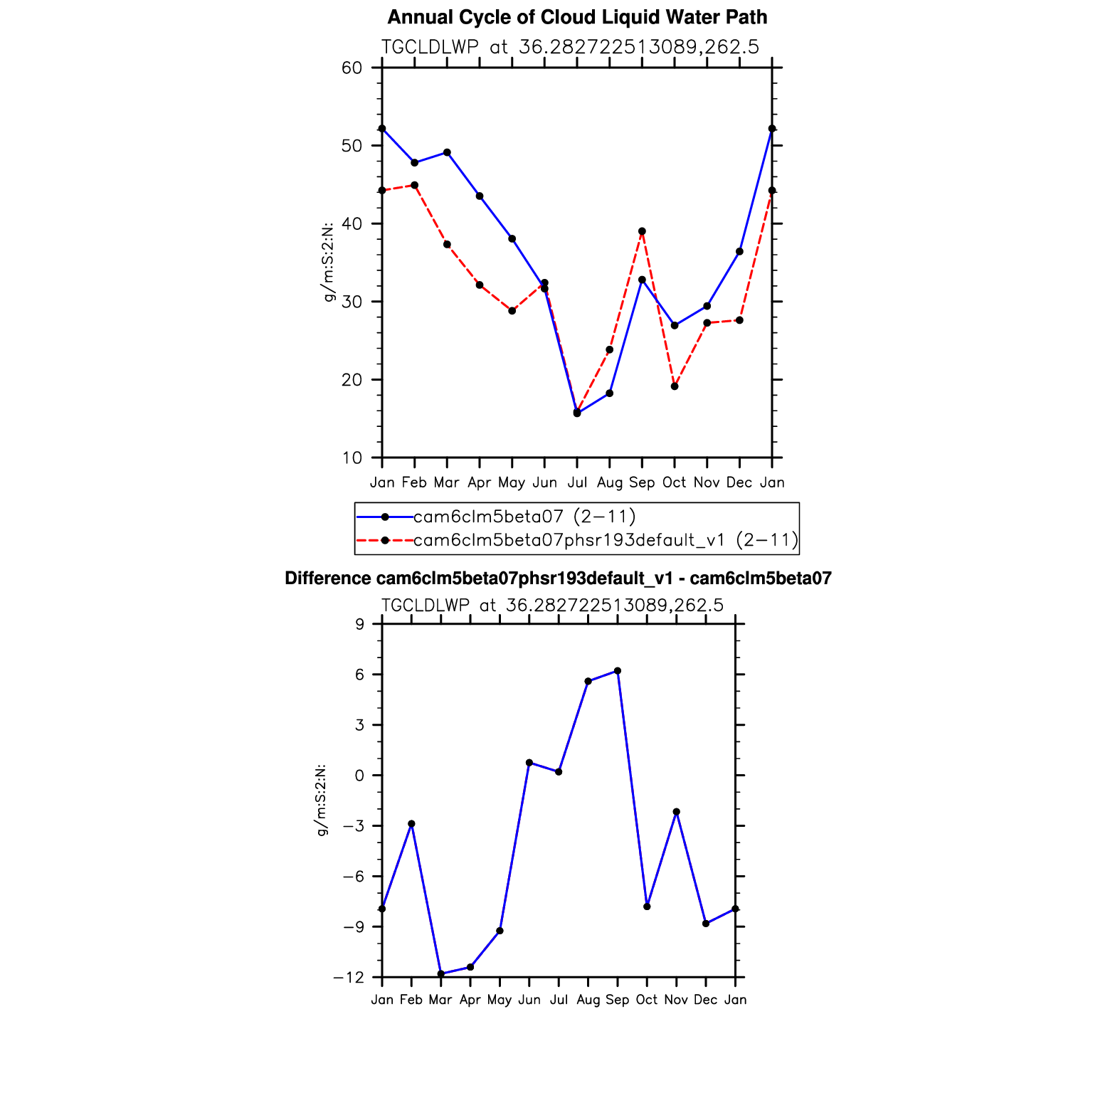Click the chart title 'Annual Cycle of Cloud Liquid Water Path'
[577, 17]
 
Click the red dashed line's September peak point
[642, 231]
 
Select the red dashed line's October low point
[675, 386]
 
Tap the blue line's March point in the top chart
[447, 152]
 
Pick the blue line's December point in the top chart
[739, 251]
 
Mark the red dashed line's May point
[512, 310]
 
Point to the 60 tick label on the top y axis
[352, 68]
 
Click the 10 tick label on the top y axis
[352, 458]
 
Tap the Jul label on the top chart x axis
[577, 483]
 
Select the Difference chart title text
[558, 579]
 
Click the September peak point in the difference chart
[618, 671]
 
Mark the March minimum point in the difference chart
[441, 973]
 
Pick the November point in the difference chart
[676, 812]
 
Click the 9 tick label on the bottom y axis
[359, 625]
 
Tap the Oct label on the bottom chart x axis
[647, 1000]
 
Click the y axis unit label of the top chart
[329, 263]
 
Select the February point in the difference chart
[411, 824]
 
